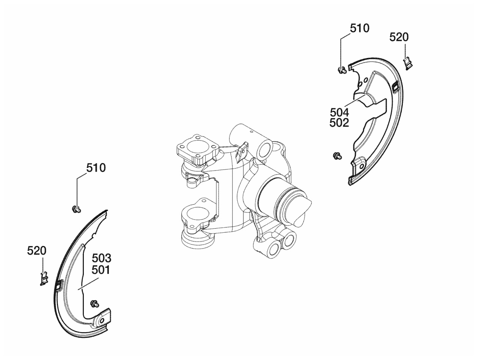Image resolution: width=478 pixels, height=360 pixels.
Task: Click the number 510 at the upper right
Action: tap(360, 28)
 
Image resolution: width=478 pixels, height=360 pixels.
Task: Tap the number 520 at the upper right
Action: tap(399, 37)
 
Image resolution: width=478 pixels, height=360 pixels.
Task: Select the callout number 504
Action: tap(339, 113)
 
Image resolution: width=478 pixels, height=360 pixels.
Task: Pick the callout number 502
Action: tap(339, 123)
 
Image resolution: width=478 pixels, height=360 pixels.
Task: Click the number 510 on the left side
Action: tap(96, 168)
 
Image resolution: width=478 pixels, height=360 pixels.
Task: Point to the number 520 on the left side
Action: tap(36, 251)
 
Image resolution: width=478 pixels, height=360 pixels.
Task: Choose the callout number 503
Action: tap(101, 259)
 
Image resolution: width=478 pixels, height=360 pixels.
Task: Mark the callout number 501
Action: tap(101, 270)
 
